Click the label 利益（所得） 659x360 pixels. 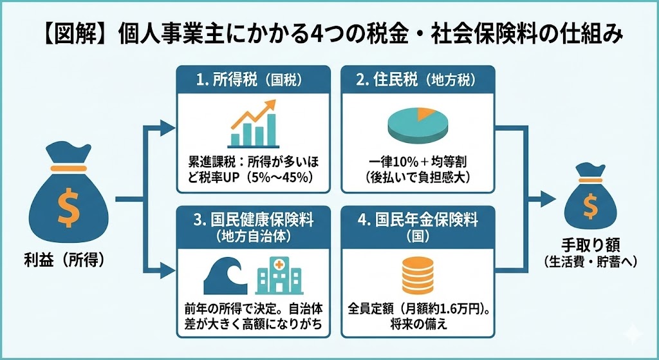62,261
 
